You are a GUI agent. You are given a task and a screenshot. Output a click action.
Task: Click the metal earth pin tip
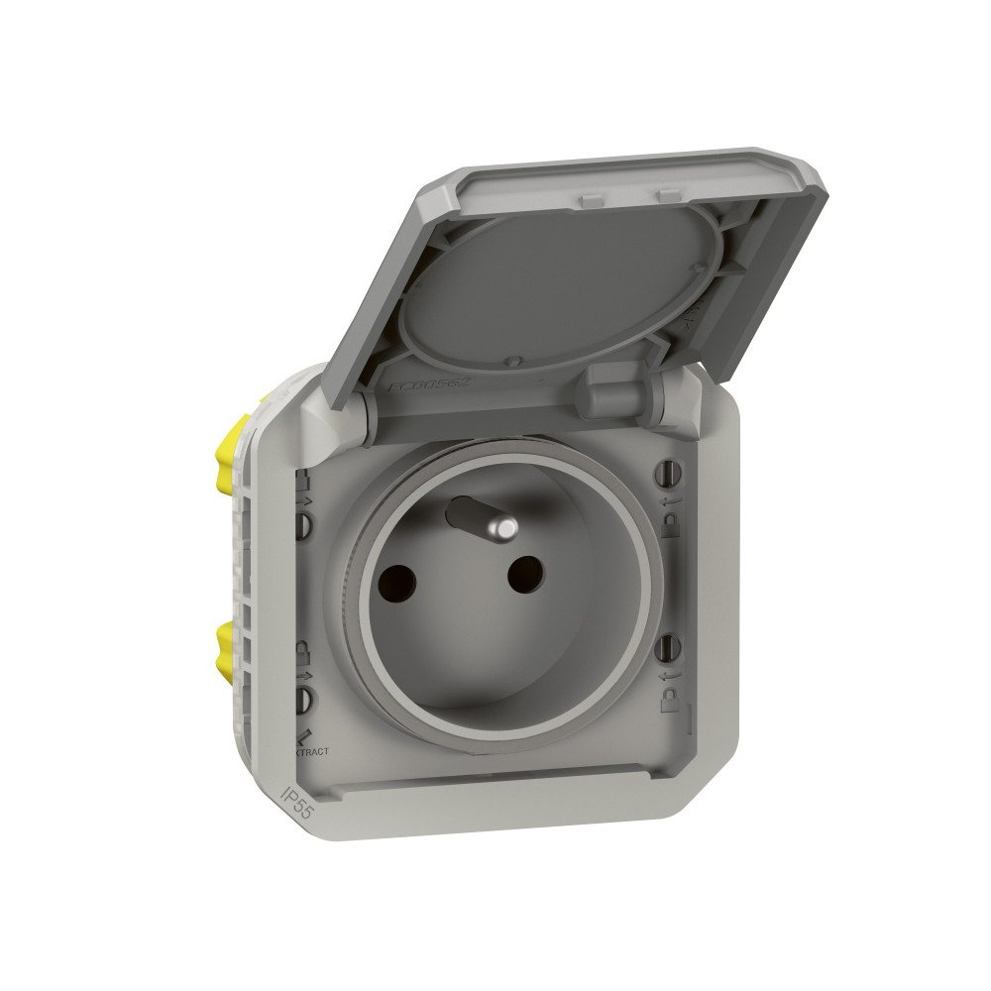(505, 529)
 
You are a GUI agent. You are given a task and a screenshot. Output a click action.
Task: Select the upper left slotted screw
(305, 522)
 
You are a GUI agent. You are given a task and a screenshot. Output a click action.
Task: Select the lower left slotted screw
(305, 701)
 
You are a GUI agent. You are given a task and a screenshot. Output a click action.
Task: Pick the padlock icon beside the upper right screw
(670, 521)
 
